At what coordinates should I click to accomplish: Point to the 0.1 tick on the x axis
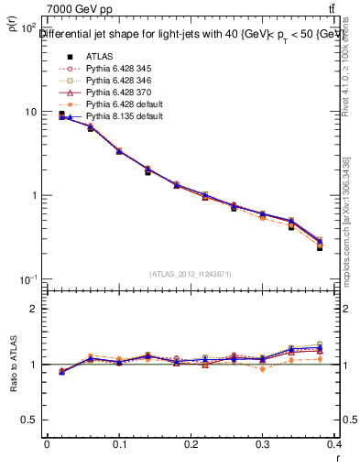coord(119,443)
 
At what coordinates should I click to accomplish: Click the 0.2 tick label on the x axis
coord(192,443)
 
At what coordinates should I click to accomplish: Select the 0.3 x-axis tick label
coord(266,443)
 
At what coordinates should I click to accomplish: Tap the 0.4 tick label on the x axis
coord(337,443)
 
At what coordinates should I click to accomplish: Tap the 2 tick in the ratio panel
coord(35,309)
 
